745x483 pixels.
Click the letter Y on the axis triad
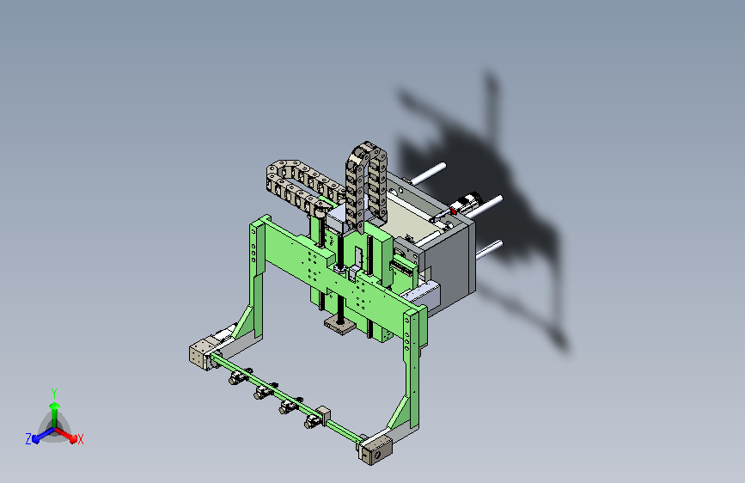54,393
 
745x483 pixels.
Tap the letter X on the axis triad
80,440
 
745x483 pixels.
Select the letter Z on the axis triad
28,439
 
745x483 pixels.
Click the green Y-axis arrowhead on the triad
55,407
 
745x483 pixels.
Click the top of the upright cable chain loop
366,145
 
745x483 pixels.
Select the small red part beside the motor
453,210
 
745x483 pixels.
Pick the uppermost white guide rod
429,174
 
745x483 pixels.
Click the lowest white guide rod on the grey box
490,249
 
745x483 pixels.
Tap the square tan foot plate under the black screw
339,326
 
